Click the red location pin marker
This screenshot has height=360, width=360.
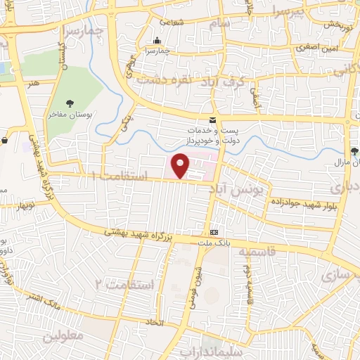(x=181, y=165)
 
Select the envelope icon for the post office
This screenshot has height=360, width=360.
(x=213, y=120)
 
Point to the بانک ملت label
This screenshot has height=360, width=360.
(x=214, y=243)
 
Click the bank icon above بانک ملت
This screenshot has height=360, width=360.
(x=214, y=232)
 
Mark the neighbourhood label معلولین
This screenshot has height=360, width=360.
(x=63, y=335)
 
